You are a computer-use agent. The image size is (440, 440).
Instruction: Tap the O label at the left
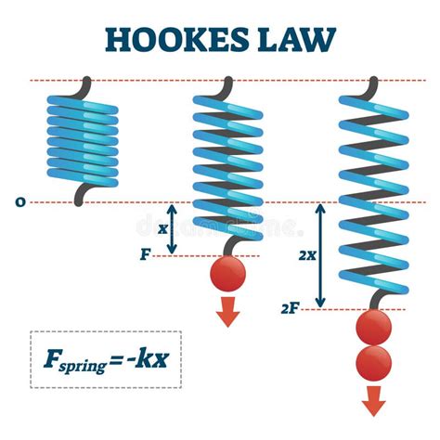coord(21,201)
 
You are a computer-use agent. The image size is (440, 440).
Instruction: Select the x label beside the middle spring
coord(163,227)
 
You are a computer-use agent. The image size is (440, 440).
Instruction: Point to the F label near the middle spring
coord(145,252)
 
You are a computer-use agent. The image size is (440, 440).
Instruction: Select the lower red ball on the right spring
coord(373,363)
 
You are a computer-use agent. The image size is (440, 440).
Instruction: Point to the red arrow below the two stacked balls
coord(373,400)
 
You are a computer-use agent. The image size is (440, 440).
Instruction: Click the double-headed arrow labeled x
coord(173,228)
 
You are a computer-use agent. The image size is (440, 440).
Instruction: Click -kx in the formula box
coord(148,357)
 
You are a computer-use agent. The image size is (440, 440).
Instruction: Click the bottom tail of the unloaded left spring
coord(85,193)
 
